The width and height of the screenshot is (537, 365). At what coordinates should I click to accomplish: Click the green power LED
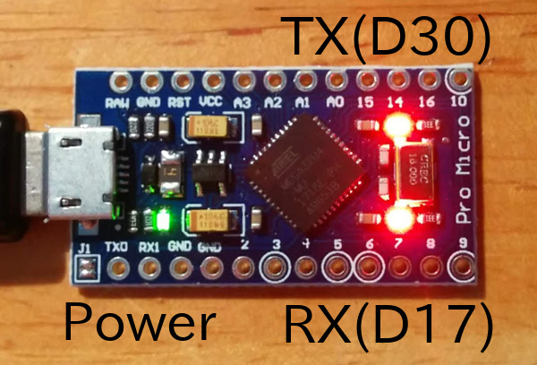click(162, 218)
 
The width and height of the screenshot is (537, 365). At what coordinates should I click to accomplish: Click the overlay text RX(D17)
click(388, 326)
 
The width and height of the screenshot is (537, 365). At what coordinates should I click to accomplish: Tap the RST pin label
click(179, 105)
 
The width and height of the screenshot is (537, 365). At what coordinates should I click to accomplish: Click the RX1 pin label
click(148, 245)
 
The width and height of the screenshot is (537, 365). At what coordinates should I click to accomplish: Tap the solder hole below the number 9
click(463, 265)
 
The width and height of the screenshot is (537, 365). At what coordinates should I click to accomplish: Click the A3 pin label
click(241, 105)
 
